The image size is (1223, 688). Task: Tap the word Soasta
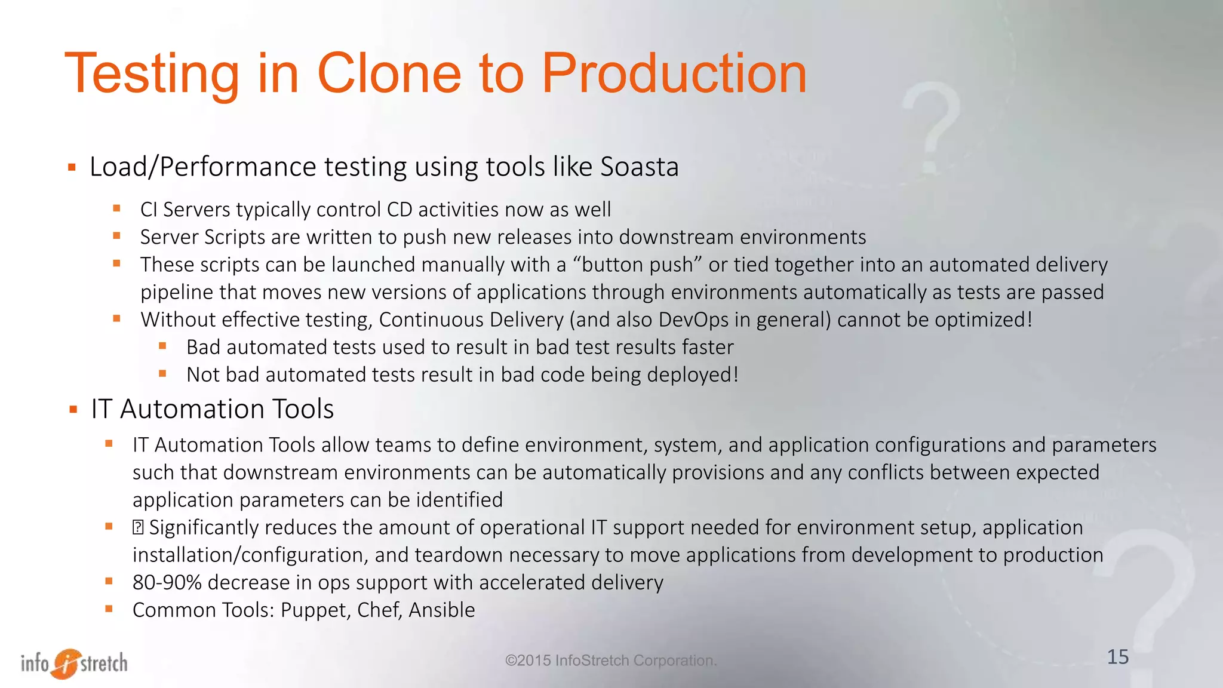point(639,167)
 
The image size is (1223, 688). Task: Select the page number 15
point(1118,657)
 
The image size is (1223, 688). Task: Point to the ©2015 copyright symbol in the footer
point(511,661)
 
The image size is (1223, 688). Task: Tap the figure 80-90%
point(167,582)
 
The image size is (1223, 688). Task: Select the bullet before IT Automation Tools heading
point(73,410)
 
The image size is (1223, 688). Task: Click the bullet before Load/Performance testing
point(72,167)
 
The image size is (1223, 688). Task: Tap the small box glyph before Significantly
point(138,527)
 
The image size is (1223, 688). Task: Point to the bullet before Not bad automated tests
point(162,374)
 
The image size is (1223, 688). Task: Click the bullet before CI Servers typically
point(117,208)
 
